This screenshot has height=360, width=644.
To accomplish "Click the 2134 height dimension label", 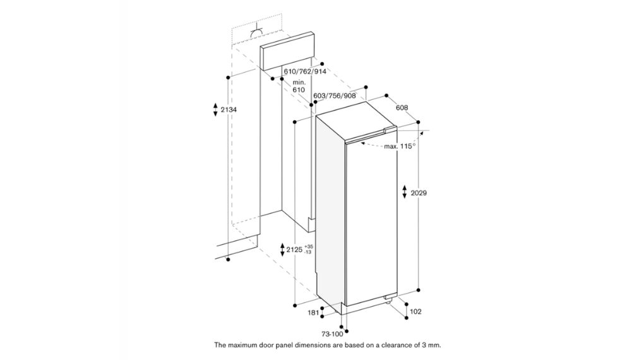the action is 229,110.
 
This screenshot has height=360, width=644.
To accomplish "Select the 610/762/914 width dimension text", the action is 305,71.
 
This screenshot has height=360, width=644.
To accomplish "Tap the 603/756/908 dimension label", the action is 335,96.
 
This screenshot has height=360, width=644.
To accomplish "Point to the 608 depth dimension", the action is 402,107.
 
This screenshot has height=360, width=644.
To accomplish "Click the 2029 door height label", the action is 419,193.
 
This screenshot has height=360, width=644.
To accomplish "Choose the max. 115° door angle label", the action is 400,146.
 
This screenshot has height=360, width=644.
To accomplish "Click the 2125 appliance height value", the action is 294,249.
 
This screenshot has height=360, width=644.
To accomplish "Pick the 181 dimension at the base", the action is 313,313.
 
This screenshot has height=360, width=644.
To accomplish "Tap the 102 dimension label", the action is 415,311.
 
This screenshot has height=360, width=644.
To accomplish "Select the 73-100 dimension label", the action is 332,333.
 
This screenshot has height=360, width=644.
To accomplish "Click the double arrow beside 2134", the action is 215,110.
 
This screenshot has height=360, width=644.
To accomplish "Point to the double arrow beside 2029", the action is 405,192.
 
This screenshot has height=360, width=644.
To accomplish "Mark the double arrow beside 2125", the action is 282,249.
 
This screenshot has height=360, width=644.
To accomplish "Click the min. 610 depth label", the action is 299,87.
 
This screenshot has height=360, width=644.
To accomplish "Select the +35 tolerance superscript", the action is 309,246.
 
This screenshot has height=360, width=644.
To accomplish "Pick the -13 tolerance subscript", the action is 308,252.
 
